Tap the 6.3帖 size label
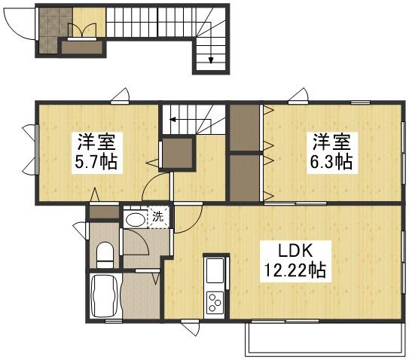click(x=333, y=161)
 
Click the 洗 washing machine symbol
click(x=157, y=217)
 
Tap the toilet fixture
click(x=105, y=254)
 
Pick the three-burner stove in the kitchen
click(x=214, y=302)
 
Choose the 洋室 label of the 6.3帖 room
click(x=333, y=141)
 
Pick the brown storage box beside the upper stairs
click(x=178, y=153)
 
